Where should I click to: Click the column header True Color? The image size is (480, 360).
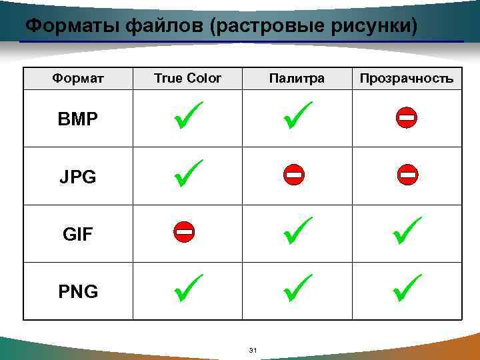(187, 79)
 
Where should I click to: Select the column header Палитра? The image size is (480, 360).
(297, 79)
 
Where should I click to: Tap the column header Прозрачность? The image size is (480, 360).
(407, 79)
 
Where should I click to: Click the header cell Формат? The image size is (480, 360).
(78, 79)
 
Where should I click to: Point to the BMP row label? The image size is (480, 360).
(78, 120)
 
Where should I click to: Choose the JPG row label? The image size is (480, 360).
(78, 177)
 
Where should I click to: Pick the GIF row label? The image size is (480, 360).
(78, 235)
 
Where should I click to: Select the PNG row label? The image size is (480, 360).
(78, 291)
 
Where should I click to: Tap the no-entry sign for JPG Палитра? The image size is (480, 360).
(293, 175)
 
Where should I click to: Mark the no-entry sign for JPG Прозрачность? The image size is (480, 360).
(407, 175)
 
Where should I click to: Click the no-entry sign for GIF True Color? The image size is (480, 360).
(184, 233)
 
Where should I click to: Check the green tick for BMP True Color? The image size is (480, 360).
(188, 115)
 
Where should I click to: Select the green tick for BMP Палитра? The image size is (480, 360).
(297, 115)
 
